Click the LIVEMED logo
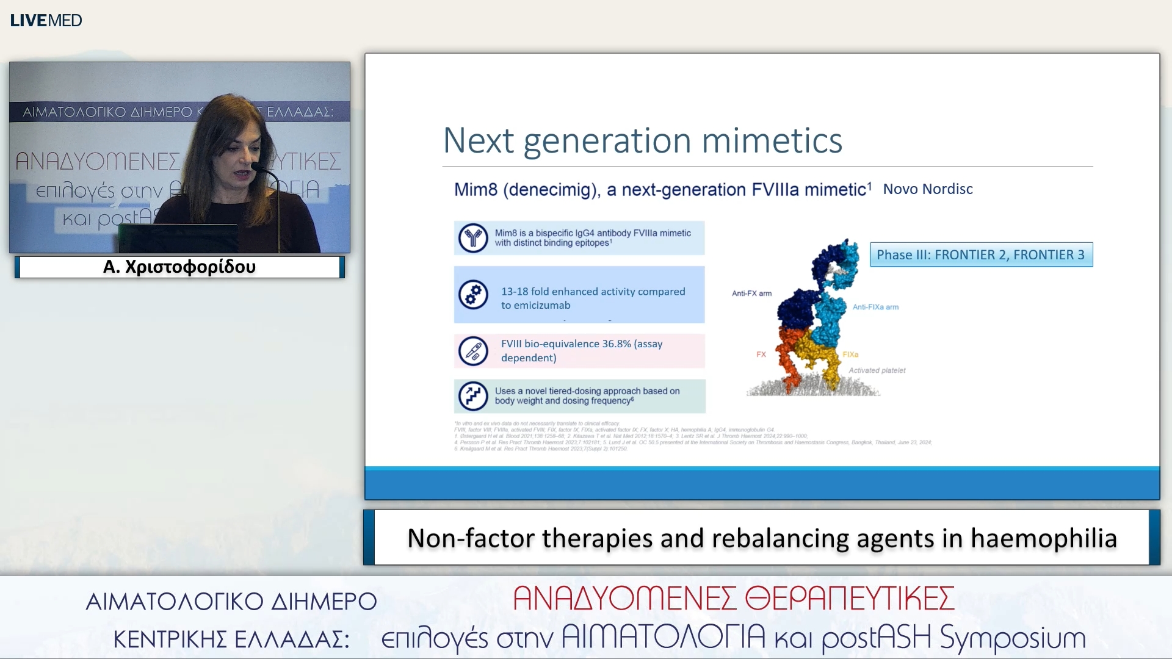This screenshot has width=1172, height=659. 46,20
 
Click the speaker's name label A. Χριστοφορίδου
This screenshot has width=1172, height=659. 179,267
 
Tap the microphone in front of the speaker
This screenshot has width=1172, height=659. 259,167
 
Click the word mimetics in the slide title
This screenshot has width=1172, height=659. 772,141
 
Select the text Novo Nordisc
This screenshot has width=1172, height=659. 927,189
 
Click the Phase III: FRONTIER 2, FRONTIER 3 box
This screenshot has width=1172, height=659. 980,254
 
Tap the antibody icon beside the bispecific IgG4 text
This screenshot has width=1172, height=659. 473,238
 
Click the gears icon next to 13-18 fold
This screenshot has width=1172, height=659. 473,295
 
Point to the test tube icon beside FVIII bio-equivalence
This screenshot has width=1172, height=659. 473,351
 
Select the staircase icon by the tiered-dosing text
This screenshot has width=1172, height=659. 473,395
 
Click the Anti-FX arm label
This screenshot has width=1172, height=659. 751,293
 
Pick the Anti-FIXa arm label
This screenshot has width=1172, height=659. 875,307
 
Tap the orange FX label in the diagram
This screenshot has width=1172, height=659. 761,354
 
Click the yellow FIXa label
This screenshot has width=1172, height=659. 850,355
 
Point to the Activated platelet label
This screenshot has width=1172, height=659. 877,370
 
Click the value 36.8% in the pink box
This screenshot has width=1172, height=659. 616,344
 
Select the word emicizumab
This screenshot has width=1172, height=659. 535,305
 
